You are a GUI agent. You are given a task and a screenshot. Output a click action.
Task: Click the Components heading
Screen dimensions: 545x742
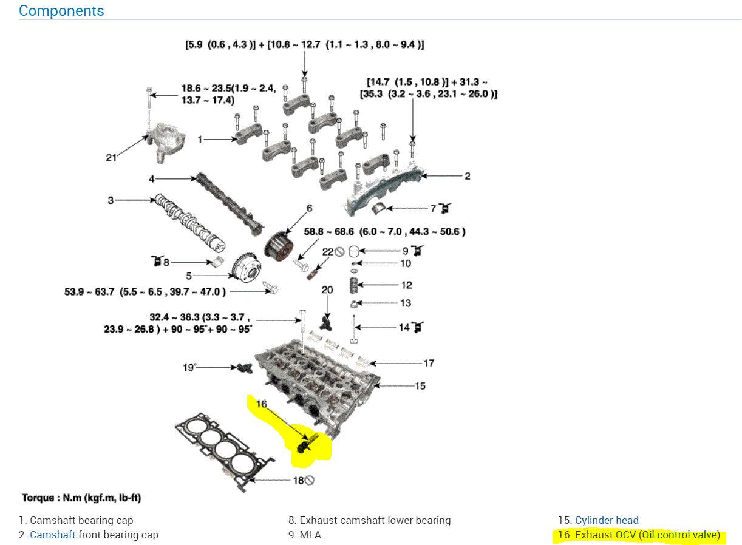pyautogui.click(x=61, y=11)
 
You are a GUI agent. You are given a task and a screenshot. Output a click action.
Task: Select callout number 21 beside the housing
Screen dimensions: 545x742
pyautogui.click(x=111, y=158)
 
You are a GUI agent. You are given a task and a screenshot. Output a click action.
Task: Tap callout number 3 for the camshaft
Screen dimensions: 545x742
pyautogui.click(x=111, y=200)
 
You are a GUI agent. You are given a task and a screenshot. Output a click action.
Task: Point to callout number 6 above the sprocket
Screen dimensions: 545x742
pyautogui.click(x=309, y=208)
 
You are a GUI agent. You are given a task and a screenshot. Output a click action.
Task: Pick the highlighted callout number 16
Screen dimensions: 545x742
pyautogui.click(x=261, y=404)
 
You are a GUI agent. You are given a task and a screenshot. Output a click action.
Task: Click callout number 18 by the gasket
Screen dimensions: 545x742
pyautogui.click(x=298, y=481)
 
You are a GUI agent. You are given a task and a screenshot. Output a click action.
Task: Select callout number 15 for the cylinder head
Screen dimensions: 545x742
pyautogui.click(x=420, y=385)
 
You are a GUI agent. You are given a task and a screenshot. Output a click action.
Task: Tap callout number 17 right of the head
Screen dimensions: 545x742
pyautogui.click(x=429, y=363)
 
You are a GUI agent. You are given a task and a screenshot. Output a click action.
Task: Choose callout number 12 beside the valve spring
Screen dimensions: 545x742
pyautogui.click(x=406, y=285)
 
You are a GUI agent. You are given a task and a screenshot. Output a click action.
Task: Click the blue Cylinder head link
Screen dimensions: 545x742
pyautogui.click(x=607, y=520)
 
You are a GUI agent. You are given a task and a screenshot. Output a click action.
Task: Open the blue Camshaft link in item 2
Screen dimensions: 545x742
pyautogui.click(x=53, y=535)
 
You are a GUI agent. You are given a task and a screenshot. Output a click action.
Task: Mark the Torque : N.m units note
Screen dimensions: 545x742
pyautogui.click(x=81, y=498)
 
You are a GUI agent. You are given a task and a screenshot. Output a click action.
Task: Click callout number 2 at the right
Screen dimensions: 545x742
pyautogui.click(x=468, y=176)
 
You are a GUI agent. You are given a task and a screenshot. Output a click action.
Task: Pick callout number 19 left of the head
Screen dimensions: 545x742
pyautogui.click(x=189, y=367)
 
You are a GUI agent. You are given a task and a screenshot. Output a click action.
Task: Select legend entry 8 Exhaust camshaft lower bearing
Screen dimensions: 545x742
pyautogui.click(x=369, y=520)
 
